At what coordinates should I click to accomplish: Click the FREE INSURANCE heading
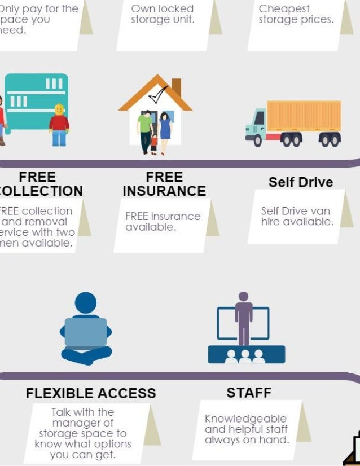coord(164,184)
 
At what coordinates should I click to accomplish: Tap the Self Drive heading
coord(300,182)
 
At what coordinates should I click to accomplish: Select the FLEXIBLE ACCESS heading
coord(91,393)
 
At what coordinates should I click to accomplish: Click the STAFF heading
coord(249,393)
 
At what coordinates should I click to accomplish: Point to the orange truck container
coord(304,116)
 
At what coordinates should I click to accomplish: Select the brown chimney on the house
coord(176,87)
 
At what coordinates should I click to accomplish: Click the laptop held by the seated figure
coord(86,333)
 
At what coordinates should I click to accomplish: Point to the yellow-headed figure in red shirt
coord(59,124)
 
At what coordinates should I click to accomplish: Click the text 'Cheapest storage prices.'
coord(296,15)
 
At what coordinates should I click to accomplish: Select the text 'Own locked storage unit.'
coord(163,15)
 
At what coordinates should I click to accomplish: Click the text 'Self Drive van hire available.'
coord(297,217)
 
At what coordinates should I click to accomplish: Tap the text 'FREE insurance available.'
coord(163,222)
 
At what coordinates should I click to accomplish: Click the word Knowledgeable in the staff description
coord(245,419)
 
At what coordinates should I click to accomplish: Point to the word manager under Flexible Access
coord(83,423)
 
